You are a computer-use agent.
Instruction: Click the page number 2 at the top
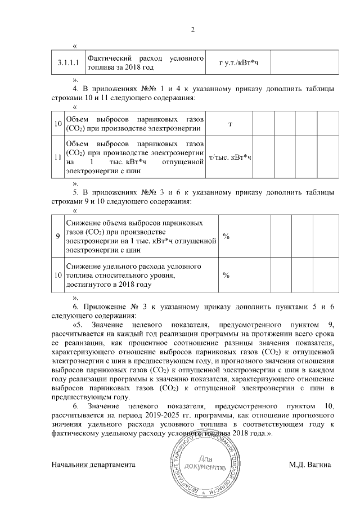tap(192, 29)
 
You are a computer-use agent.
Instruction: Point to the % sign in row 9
tap(226, 237)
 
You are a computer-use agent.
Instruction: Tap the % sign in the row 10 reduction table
tap(226, 275)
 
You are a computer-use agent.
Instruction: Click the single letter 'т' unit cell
tap(230, 123)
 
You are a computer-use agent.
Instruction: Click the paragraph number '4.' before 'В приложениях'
tap(76, 89)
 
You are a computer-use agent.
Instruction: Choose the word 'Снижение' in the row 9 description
tap(83, 223)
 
